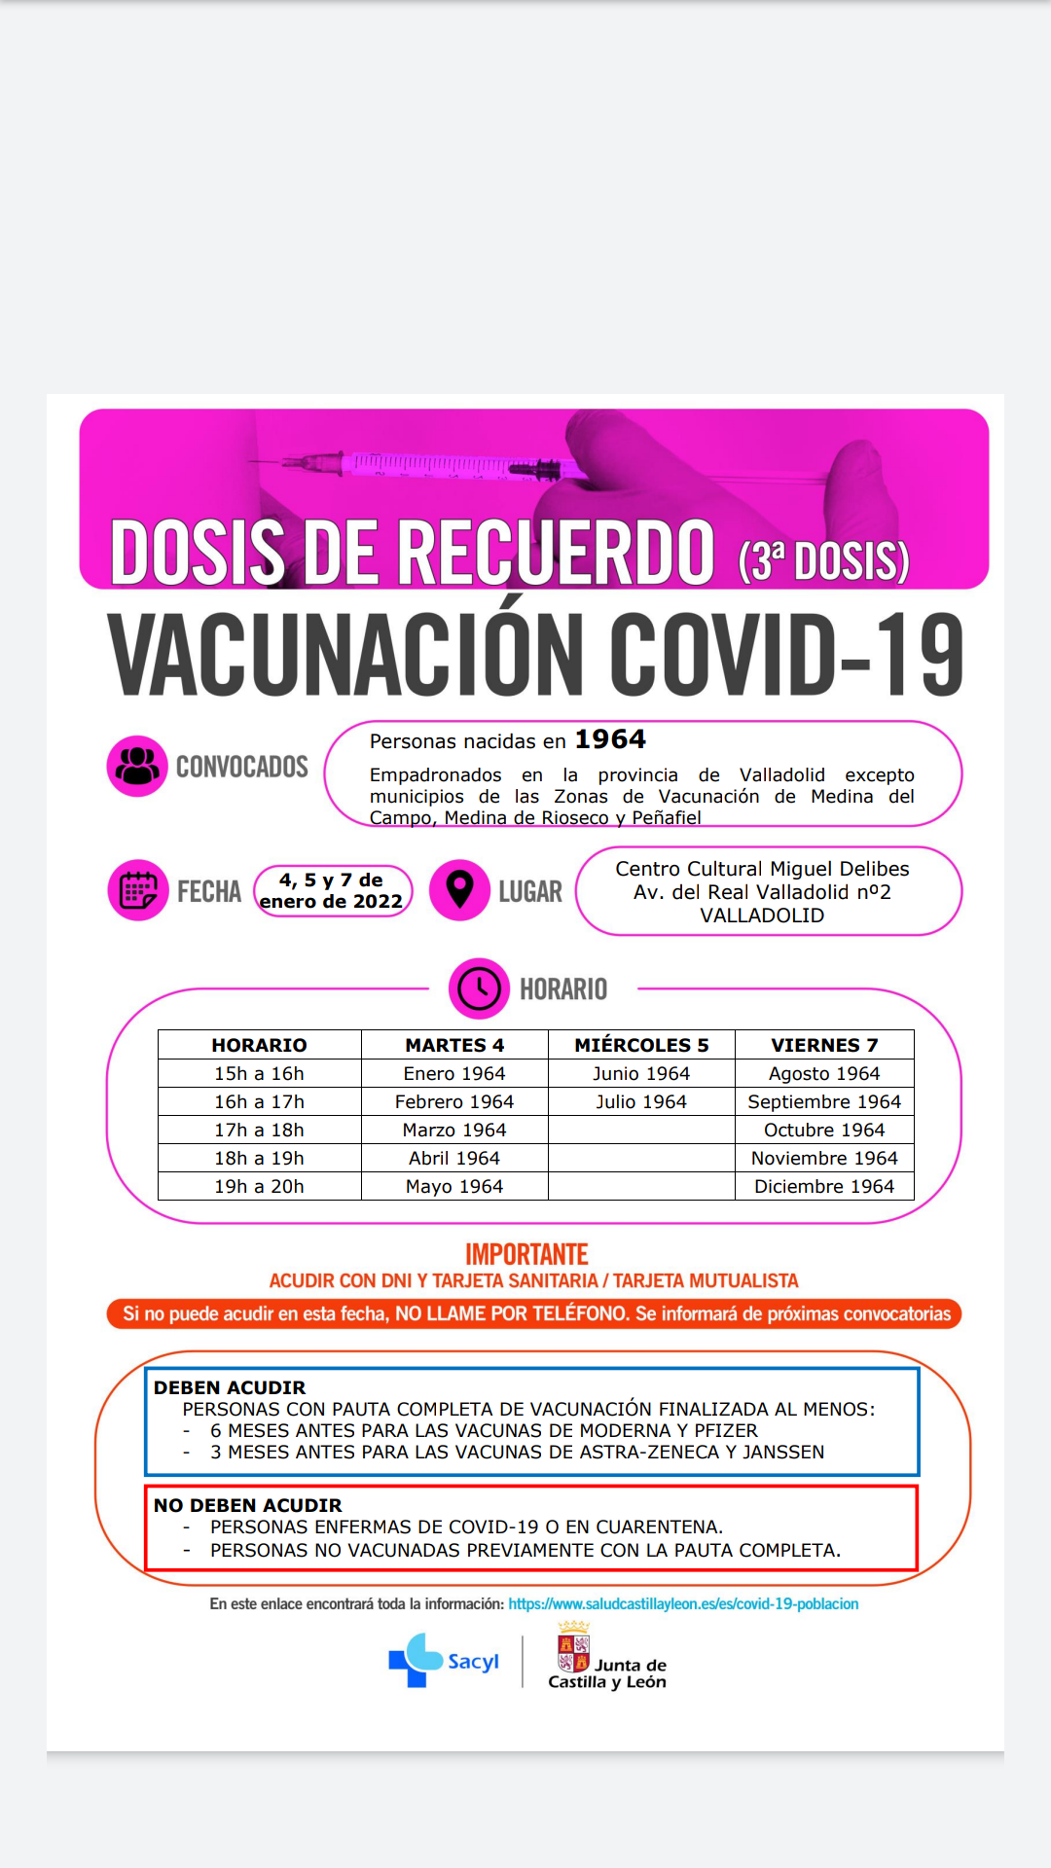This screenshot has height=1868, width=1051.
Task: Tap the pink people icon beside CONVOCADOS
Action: point(137,766)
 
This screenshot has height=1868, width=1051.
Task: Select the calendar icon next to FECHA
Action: point(137,890)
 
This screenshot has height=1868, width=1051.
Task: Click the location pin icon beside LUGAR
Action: point(459,889)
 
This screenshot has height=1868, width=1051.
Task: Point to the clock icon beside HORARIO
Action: point(479,988)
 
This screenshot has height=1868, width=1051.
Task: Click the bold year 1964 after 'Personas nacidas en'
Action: point(610,739)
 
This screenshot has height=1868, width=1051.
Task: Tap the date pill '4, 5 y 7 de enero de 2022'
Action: point(332,891)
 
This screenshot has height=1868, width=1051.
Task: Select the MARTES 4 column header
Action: point(454,1045)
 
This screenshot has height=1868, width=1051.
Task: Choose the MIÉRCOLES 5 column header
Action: point(641,1045)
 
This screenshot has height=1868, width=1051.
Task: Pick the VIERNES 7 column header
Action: point(824,1045)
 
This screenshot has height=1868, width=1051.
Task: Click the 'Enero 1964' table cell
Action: point(454,1073)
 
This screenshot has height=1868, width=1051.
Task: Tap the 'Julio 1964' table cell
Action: point(641,1101)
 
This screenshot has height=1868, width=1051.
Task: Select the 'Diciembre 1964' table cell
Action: point(824,1186)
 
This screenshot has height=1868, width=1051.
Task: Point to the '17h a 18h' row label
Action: point(259,1130)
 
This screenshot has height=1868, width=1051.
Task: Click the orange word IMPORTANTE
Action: point(526,1254)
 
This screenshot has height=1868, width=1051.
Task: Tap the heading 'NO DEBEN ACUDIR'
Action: point(248,1505)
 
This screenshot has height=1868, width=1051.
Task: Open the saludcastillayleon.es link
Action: point(683,1603)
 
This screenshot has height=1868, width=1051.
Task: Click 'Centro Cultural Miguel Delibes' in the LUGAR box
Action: point(762,869)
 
